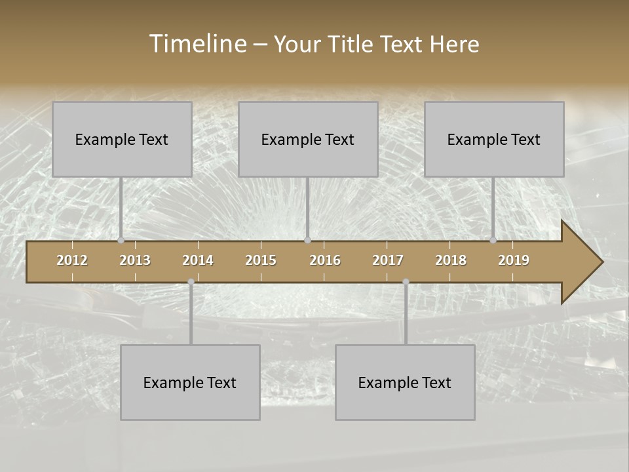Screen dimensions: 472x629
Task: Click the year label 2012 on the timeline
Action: tap(72, 260)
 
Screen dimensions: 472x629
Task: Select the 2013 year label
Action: tap(135, 260)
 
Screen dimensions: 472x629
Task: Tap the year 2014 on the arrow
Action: tap(198, 260)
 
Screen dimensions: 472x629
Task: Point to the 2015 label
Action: tap(261, 260)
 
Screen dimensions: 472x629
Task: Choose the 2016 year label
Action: tap(325, 260)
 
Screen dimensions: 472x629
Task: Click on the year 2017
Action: tap(388, 260)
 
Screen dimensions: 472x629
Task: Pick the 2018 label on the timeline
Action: tap(451, 260)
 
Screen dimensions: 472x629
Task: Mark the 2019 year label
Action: tap(514, 260)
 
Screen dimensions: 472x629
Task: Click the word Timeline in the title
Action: tap(197, 44)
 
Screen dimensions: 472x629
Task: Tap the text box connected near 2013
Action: tap(122, 140)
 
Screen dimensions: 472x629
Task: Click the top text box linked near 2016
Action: tap(308, 140)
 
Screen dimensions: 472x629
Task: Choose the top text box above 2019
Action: tap(494, 140)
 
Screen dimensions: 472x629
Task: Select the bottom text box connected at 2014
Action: tap(190, 383)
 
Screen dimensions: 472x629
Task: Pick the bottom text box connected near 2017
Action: tap(405, 383)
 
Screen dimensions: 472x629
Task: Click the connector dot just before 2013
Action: tap(121, 241)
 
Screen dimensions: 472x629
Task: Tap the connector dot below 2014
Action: tap(191, 282)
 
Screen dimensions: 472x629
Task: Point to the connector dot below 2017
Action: tap(406, 282)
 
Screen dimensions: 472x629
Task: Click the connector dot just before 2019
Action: tap(493, 241)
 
